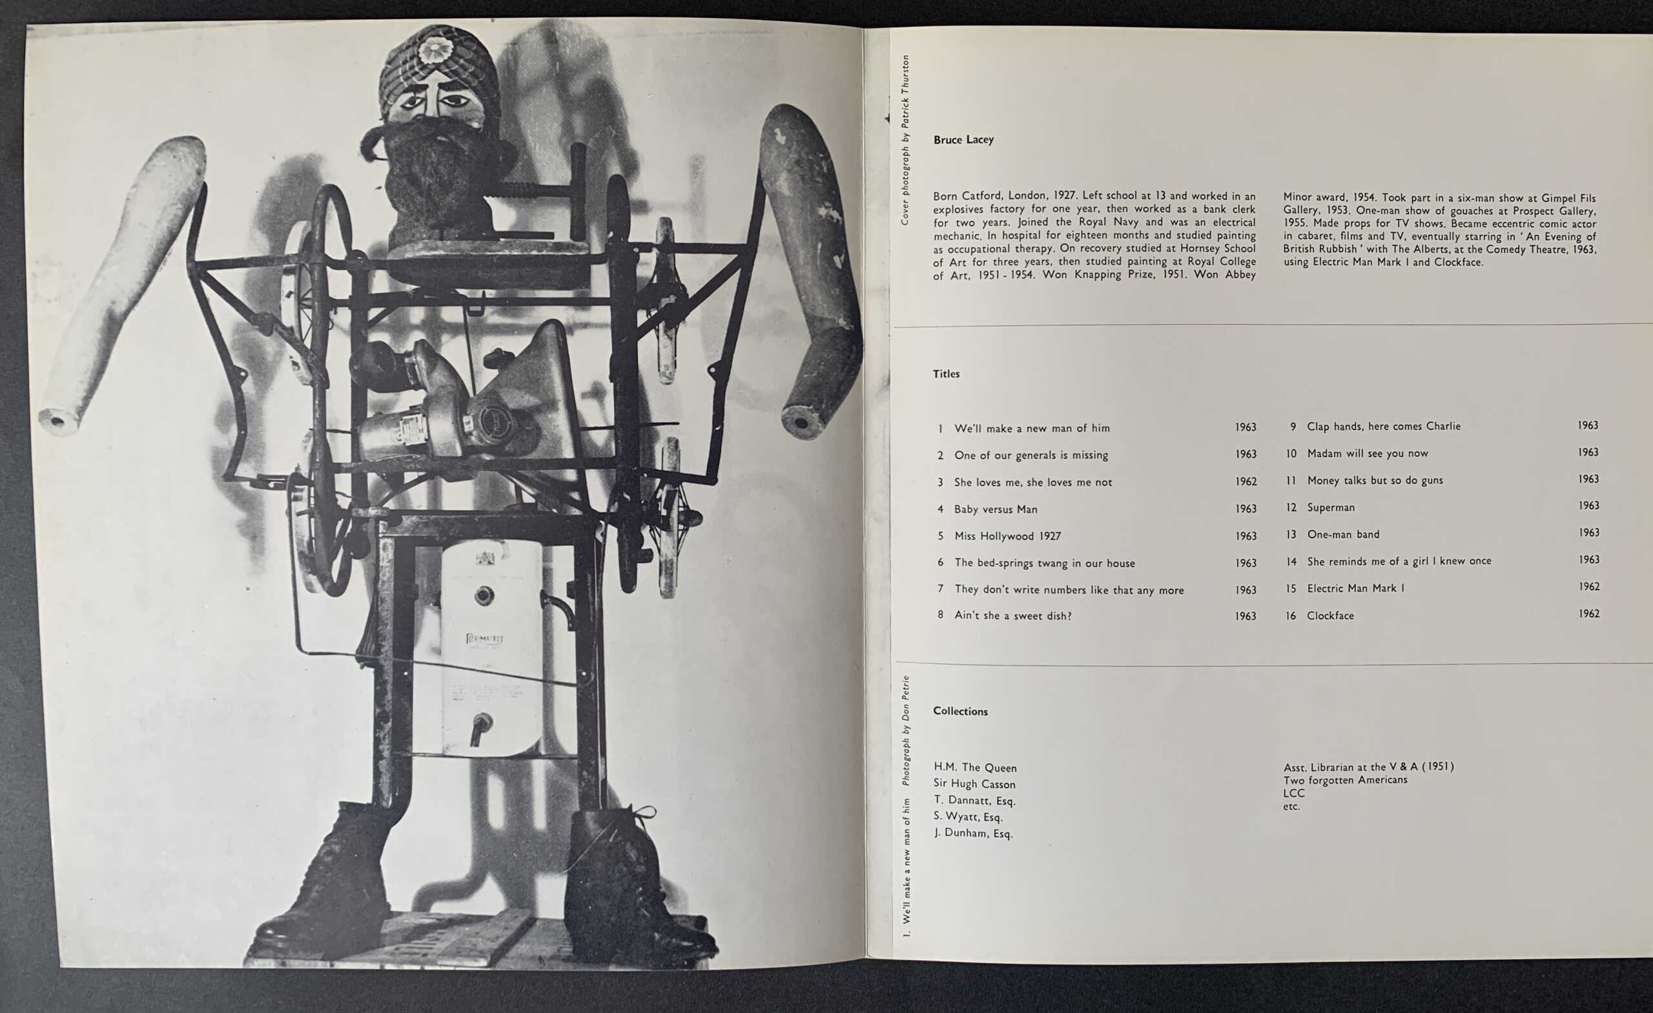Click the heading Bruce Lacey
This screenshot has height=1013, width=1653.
(963, 139)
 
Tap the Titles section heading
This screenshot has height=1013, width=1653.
(946, 374)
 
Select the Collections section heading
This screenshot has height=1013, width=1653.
(960, 711)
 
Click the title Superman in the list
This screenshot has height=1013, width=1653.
(1330, 508)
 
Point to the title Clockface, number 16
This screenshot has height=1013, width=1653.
(1330, 615)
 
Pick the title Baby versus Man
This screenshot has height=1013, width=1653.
(996, 509)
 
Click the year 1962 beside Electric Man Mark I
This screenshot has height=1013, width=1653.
(1588, 586)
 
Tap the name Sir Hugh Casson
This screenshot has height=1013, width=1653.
(974, 784)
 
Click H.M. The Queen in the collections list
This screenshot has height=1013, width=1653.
(975, 768)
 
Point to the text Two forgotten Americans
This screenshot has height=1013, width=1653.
(1345, 779)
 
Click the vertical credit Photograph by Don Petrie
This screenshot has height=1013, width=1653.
(906, 730)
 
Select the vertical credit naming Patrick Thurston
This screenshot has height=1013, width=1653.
(905, 140)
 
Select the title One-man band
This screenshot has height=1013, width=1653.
(1343, 535)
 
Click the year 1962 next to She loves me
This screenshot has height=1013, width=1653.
(1246, 482)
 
